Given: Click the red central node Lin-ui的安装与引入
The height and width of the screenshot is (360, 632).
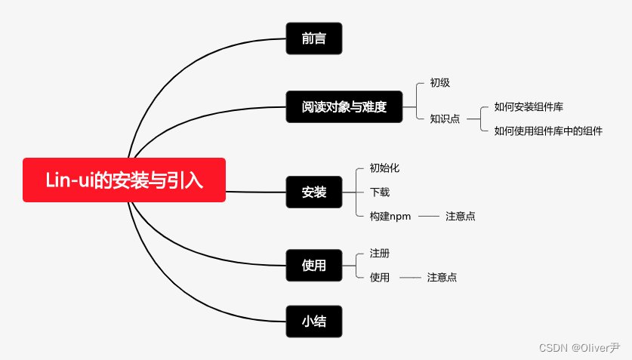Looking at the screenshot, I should point(124,180).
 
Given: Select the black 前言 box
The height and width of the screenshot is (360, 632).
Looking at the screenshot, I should point(314,38).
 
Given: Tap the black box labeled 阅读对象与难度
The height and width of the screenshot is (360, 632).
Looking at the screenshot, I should point(344,107).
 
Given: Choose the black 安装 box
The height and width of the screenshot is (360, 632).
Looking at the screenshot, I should point(314,192).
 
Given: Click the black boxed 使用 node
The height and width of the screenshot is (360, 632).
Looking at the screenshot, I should point(314,265).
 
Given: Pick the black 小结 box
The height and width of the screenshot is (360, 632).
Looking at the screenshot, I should point(314,321).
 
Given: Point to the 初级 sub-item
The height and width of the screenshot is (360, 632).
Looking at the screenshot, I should point(440,83).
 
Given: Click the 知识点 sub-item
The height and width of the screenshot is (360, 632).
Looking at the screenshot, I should point(445,118).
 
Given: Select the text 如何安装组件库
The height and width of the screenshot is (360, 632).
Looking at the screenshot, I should point(529,107).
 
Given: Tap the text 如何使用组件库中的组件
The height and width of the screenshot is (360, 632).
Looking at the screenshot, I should point(548,131).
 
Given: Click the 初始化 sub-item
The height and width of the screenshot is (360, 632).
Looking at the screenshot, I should point(384,168).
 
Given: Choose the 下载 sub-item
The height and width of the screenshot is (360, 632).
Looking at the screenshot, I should point(380,192).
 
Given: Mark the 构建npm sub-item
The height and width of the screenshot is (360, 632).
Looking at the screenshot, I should point(390,216).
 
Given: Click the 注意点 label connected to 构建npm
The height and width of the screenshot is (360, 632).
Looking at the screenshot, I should point(461,216).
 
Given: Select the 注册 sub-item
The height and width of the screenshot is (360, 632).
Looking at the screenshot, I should point(380,253).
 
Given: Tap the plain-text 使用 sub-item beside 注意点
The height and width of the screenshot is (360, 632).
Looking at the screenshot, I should point(380,277).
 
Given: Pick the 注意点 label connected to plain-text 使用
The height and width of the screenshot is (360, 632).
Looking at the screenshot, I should point(442,277).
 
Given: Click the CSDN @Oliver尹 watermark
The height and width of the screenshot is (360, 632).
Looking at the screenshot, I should point(579,347).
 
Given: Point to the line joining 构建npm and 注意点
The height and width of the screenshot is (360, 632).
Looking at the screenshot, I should point(428,216).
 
